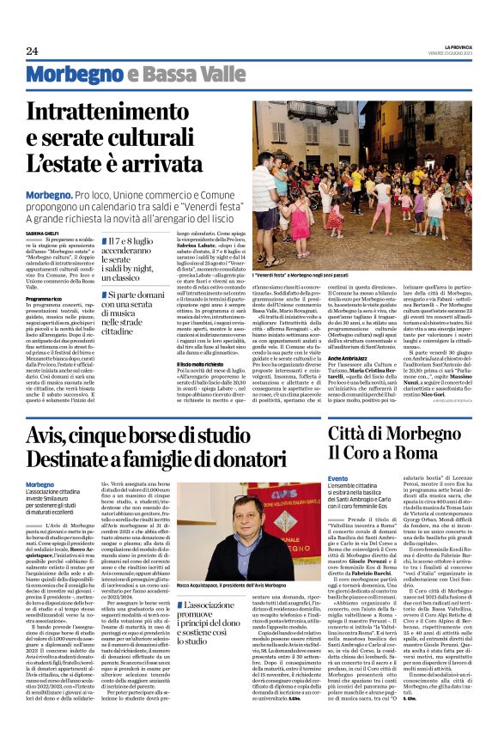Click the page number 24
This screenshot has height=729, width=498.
(32, 52)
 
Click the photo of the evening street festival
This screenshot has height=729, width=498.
(362, 171)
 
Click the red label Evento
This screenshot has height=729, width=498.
(338, 478)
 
